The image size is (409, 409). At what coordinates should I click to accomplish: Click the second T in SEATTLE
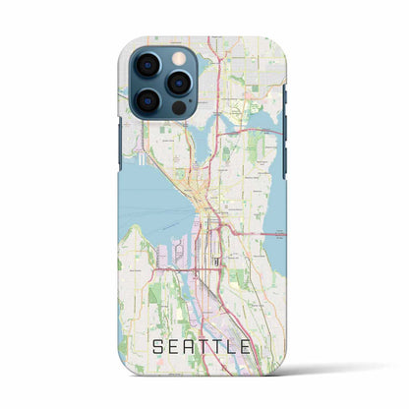click(222, 346)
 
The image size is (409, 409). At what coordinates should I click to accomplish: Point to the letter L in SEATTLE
click(240, 346)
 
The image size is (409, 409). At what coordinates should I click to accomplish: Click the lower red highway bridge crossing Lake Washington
click(274, 233)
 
